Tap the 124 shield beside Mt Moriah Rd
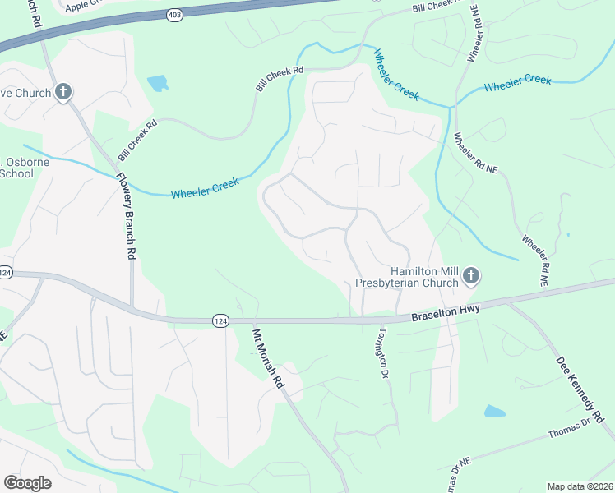tap(220, 320)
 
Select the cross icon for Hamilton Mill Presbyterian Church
tap(471, 276)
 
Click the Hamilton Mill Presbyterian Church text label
tap(406, 277)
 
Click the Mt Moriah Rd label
tap(266, 359)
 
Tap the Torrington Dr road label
tap(381, 354)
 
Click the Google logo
tap(27, 483)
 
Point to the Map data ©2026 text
tap(580, 486)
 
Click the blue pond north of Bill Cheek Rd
tap(156, 83)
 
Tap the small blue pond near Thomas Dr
tap(495, 411)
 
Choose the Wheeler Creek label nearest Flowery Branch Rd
tap(205, 188)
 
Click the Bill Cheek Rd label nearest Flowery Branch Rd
tap(137, 141)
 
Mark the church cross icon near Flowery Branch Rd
tap(64, 91)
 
